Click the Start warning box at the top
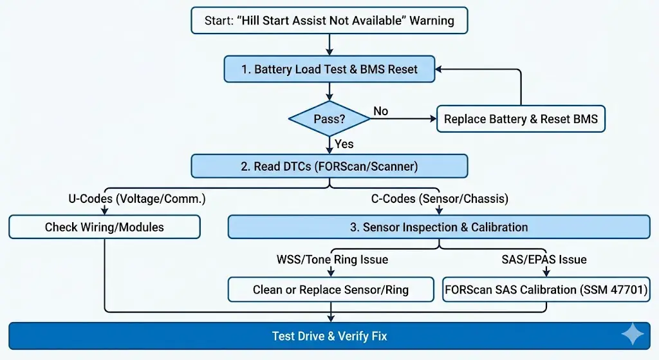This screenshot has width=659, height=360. point(329,20)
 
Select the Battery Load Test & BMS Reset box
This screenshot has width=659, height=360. point(329,69)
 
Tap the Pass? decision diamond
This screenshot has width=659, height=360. point(329,118)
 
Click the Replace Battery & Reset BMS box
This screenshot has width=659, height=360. point(521,118)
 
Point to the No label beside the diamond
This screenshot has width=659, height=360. point(381,111)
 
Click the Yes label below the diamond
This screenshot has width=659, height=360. point(344,144)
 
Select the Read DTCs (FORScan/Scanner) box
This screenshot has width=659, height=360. point(329,166)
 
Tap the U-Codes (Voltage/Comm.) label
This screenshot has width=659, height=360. point(137,199)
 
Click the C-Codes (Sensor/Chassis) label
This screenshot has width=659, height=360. point(440,199)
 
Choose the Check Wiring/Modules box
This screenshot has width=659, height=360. point(104,227)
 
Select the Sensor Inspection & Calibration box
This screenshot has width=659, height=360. point(439,227)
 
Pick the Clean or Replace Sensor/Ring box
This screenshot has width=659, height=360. point(331,289)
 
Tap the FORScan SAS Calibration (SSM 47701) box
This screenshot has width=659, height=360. point(546,289)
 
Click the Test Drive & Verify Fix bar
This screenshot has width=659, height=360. point(329,336)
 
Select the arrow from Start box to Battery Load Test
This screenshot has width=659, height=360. point(329,44)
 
